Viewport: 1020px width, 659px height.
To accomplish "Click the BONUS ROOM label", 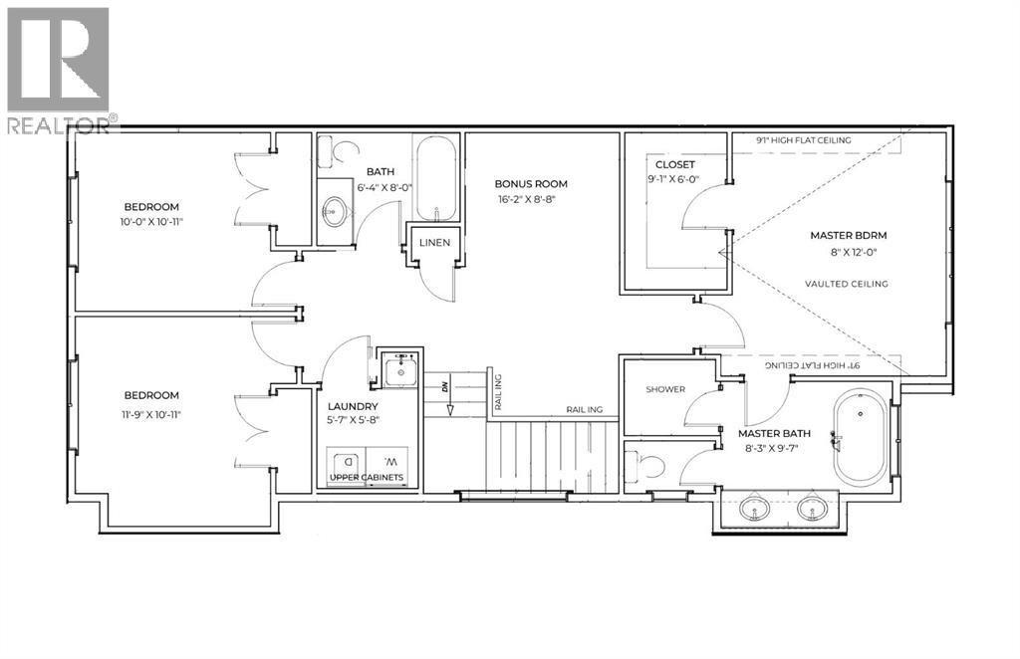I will (x=532, y=184).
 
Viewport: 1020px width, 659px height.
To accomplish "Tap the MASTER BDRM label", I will (x=848, y=236).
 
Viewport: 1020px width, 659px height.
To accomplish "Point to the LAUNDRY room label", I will (x=353, y=407).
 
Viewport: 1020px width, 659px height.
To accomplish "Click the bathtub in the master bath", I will (x=859, y=435).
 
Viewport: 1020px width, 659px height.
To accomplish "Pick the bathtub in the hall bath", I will (x=436, y=181).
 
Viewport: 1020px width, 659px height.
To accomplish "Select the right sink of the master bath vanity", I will (x=812, y=511).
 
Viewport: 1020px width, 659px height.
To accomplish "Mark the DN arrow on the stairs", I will (x=447, y=396).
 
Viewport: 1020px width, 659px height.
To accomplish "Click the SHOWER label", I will (x=665, y=389).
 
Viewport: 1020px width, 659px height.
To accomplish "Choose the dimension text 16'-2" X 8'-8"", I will (x=532, y=200).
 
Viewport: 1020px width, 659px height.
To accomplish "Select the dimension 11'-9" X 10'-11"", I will (x=151, y=414).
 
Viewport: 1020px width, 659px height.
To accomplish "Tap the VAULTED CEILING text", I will (x=847, y=284).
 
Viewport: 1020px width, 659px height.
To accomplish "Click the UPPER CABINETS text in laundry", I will (x=367, y=479).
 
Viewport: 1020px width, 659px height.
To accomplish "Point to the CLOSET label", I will (x=674, y=164).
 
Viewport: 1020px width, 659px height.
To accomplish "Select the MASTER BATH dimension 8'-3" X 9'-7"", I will (x=774, y=450).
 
